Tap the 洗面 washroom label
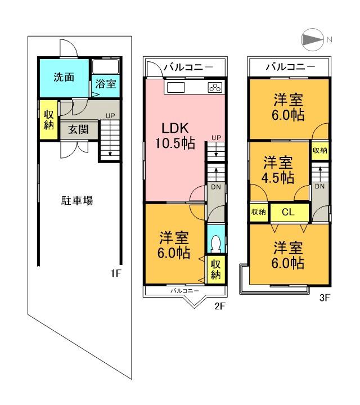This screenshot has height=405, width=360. (64, 78)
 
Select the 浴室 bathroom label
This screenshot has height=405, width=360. (105, 84)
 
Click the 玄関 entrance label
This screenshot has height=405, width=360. (78, 129)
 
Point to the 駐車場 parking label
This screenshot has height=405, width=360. (77, 200)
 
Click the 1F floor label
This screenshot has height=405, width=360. (116, 274)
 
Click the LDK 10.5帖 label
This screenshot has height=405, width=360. (175, 136)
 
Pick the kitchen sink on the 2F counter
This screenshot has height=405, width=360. (175, 87)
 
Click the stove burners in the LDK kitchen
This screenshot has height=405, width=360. (215, 87)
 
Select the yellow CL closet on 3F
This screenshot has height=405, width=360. (289, 212)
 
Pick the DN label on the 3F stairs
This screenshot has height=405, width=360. (319, 186)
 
